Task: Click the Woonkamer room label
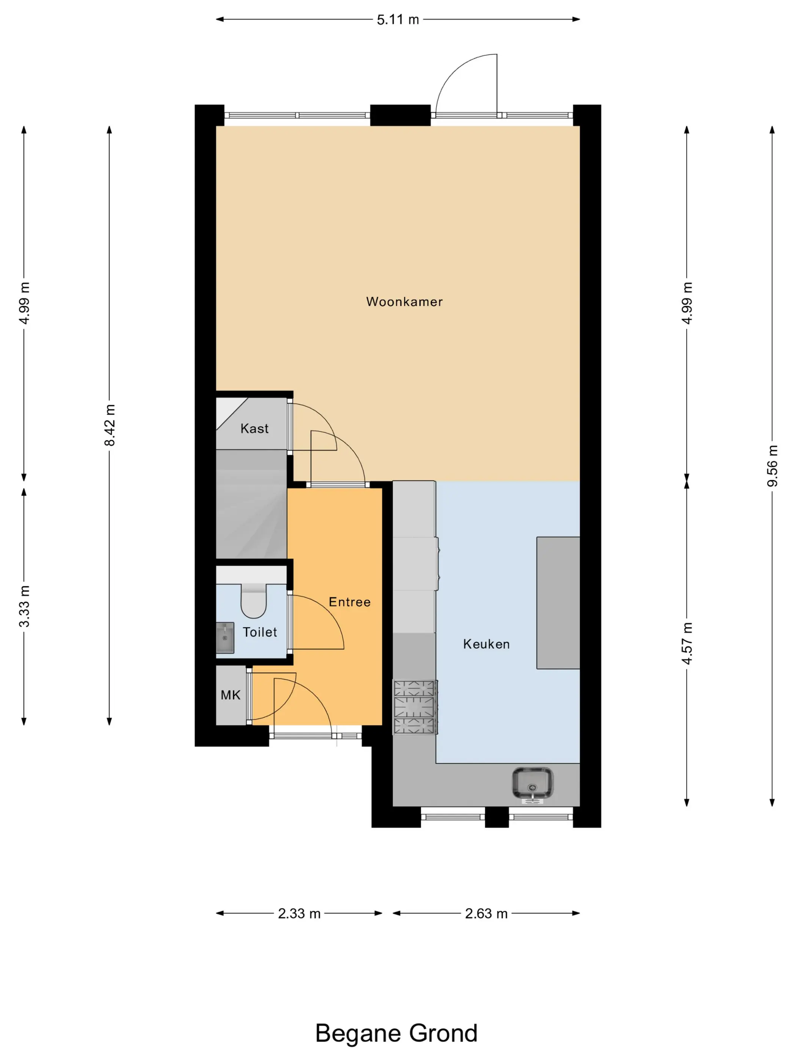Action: tap(404, 302)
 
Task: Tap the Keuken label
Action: tap(486, 644)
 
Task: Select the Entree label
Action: tap(349, 602)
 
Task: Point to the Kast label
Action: tap(254, 428)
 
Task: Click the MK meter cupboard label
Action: tap(230, 695)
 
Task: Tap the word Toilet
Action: tap(260, 632)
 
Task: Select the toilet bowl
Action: tap(253, 601)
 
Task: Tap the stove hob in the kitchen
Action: tap(415, 707)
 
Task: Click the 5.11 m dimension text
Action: tap(398, 20)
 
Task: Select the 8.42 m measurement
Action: tap(110, 425)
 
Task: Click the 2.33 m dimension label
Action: tap(299, 913)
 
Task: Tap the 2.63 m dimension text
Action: tap(486, 913)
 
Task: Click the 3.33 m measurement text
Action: tap(24, 606)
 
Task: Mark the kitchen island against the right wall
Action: tap(558, 602)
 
